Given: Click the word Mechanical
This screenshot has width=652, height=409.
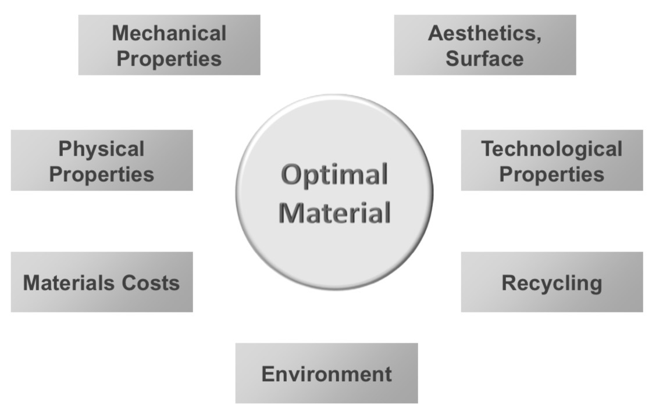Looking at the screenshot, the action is [169, 33].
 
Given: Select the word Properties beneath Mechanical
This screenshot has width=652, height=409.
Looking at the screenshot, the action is [169, 59].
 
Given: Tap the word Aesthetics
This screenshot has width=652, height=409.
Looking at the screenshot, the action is [482, 33].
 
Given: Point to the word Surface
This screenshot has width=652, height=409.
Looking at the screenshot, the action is [484, 58].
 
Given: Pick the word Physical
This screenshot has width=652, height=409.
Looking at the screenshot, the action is [101, 149].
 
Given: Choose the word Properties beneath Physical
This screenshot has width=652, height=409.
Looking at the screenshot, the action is [101, 174].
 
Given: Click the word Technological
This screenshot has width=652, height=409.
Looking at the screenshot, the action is [552, 149].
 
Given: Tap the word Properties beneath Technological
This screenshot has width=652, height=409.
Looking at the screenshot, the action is [552, 174].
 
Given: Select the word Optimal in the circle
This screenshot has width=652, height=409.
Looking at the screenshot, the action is [334, 175].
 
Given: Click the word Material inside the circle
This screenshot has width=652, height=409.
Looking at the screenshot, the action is [334, 213].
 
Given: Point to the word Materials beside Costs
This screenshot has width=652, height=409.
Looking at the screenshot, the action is [66, 283].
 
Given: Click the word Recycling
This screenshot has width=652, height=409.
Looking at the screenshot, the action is [552, 284].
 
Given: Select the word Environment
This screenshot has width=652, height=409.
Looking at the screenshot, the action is [326, 374].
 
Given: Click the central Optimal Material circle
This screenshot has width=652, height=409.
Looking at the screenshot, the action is [334, 192].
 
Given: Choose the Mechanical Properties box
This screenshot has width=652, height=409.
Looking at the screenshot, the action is [169, 45].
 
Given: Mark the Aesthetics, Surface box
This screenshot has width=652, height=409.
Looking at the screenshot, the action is [485, 45].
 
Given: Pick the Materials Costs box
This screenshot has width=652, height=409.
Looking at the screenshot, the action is [102, 282].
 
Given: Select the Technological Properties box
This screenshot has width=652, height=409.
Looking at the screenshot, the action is [552, 160].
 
